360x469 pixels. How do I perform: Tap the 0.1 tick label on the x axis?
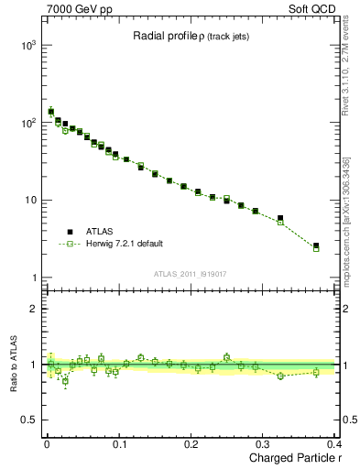point(119,443)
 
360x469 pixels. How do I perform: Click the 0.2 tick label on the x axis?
point(191,443)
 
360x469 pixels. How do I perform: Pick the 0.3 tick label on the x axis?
point(263,443)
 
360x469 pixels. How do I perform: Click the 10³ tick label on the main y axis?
point(27,45)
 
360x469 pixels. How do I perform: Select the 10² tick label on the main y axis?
point(27,123)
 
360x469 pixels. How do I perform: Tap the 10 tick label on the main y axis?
point(30,201)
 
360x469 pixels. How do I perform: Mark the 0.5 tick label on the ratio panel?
point(29,421)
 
